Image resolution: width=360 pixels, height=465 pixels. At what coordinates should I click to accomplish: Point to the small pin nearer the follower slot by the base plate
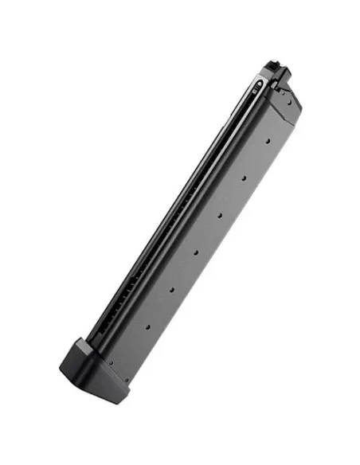(111, 363)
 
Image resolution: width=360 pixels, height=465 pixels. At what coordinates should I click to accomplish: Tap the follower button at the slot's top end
(260, 82)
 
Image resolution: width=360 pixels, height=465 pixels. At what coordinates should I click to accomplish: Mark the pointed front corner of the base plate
(62, 369)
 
